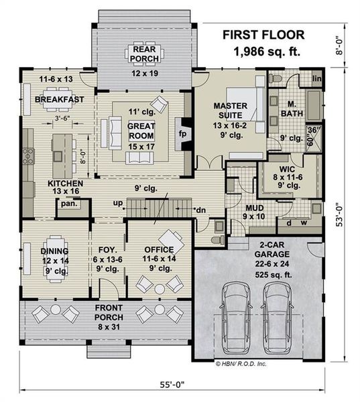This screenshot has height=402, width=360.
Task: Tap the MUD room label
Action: tap(254, 208)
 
